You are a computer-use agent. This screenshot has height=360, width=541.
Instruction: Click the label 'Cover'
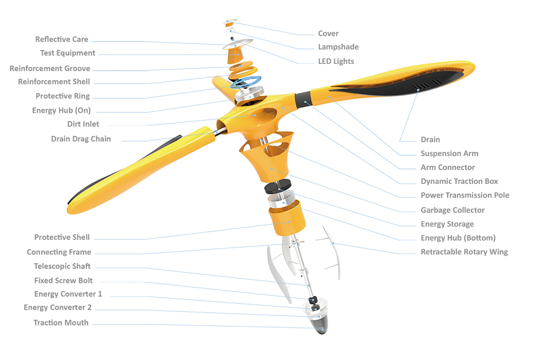pos(328,33)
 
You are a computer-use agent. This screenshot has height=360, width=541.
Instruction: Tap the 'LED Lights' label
pos(336,61)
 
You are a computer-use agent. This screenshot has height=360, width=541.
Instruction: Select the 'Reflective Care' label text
pos(61,39)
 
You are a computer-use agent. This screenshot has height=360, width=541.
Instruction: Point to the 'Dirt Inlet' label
pos(83,124)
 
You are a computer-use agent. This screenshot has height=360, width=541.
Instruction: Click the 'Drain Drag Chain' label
pos(80,139)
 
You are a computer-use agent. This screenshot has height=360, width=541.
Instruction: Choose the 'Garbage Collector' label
pos(452,210)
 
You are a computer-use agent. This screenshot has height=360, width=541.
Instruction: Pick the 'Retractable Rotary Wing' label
pos(464,252)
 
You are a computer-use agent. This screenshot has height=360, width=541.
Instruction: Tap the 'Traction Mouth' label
pos(61,322)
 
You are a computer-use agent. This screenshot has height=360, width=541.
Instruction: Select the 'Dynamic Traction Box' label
pos(459,181)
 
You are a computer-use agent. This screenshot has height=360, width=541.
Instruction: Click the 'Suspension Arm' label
pos(449,153)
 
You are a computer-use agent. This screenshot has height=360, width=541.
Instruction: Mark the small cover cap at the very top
pos(229,24)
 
